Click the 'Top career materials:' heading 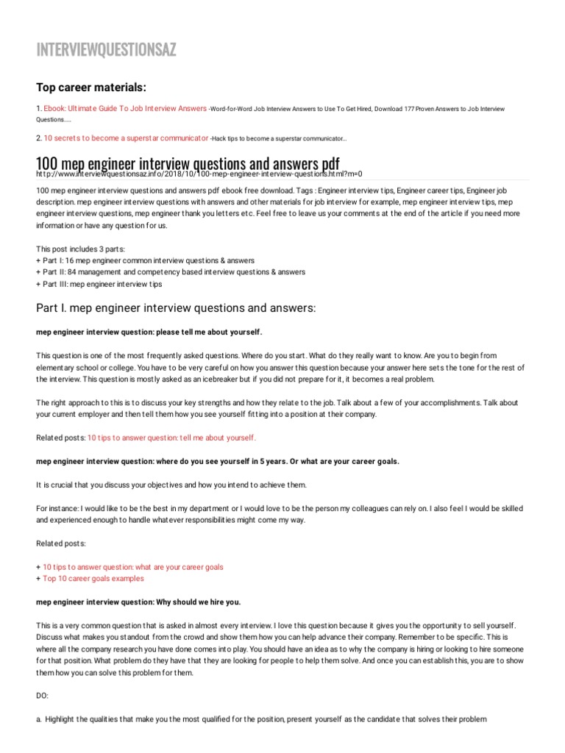point(91,88)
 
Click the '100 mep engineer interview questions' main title point(188,162)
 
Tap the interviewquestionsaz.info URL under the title point(199,174)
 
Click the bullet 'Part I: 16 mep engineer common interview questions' point(145,260)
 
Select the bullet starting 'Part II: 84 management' point(170,272)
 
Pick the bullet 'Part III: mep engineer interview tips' point(99,284)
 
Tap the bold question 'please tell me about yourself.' point(149,332)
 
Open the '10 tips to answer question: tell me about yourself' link point(171,438)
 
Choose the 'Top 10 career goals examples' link point(93,579)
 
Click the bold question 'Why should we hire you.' point(138,602)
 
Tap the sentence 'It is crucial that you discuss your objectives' point(171,485)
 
